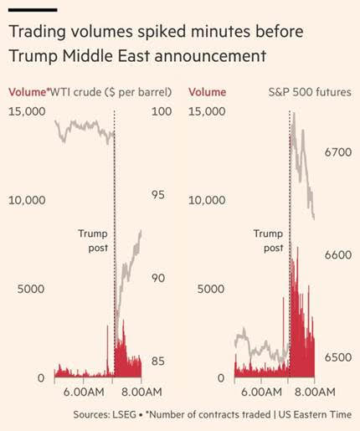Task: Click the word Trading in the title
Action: (37, 32)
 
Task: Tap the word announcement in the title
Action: (210, 55)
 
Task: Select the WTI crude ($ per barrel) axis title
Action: (110, 92)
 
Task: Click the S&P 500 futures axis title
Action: (310, 92)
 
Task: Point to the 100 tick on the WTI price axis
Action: (162, 111)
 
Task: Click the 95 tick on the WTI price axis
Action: (158, 195)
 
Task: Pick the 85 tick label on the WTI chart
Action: (158, 362)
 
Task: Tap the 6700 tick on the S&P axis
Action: (338, 152)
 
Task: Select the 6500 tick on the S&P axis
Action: (338, 357)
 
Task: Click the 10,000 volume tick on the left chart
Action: (27, 200)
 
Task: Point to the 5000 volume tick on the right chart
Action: (211, 289)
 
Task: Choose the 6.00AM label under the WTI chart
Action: (84, 392)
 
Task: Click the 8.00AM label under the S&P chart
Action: (315, 392)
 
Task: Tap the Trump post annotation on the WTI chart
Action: (93, 240)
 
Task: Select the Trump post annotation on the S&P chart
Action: (269, 240)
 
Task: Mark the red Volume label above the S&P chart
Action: (207, 92)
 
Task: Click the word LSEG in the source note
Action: (124, 414)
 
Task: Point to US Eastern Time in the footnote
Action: (315, 414)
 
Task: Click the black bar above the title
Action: (33, 10)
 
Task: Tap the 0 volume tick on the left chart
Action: (41, 378)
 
